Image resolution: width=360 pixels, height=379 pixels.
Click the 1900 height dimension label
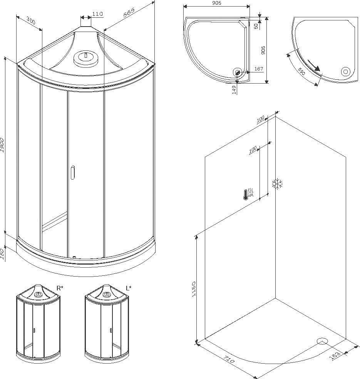[2, 145]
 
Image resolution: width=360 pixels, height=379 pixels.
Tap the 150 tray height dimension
[2, 254]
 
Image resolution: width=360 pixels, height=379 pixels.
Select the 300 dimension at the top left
[31, 21]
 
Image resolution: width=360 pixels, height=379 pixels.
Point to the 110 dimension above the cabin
[98, 14]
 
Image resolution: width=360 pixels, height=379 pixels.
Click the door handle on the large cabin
[73, 172]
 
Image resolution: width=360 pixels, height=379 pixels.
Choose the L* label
[129, 288]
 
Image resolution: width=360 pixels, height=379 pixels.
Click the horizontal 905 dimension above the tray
[216, 3]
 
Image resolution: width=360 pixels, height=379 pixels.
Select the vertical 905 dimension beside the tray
[263, 50]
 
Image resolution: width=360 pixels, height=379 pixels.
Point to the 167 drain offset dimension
[259, 69]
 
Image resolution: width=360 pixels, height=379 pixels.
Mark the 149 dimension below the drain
[234, 90]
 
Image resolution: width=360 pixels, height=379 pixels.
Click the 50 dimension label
[256, 26]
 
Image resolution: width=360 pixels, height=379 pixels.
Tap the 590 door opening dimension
[301, 72]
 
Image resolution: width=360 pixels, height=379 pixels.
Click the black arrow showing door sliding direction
[314, 65]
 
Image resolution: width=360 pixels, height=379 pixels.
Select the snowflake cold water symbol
[277, 184]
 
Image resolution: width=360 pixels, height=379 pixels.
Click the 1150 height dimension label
[194, 289]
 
